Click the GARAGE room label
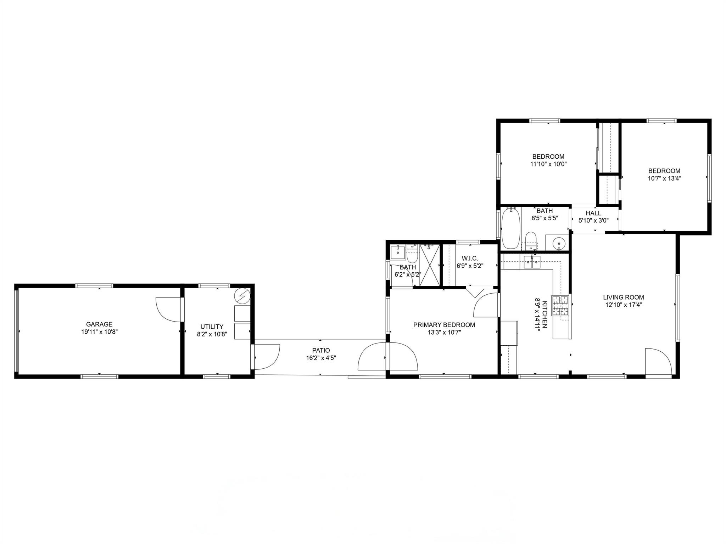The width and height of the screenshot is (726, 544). pos(99,324)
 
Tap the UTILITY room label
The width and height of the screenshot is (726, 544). pos(212,327)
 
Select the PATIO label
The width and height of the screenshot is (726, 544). pos(321,350)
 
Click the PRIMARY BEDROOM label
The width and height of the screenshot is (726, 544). pos(444,325)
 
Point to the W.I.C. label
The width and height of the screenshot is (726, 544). pos(470,258)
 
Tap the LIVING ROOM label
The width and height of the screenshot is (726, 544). pos(624,297)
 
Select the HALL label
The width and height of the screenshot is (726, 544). pos(593,213)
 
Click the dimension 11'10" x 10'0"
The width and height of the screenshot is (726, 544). pos(548,164)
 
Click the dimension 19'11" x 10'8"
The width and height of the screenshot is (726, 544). pos(99,332)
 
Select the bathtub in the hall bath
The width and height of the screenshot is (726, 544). pos(511,228)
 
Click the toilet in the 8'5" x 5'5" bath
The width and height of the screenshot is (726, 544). pos(531,239)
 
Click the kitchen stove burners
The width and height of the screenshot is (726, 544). pos(560,306)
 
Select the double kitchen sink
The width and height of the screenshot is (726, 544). pos(532,262)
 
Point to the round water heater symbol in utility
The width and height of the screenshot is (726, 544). pos(242,296)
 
